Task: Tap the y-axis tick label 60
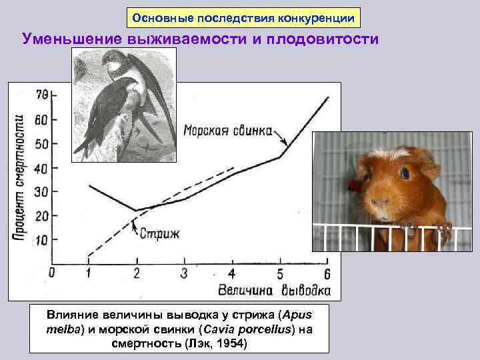click(41, 120)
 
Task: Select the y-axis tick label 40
click(41, 169)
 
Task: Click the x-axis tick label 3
click(184, 273)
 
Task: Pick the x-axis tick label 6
click(327, 273)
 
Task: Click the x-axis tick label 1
click(89, 273)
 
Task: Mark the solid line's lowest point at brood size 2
click(136, 211)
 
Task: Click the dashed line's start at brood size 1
click(89, 255)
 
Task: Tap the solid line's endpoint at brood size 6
click(328, 97)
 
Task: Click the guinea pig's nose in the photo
click(381, 201)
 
